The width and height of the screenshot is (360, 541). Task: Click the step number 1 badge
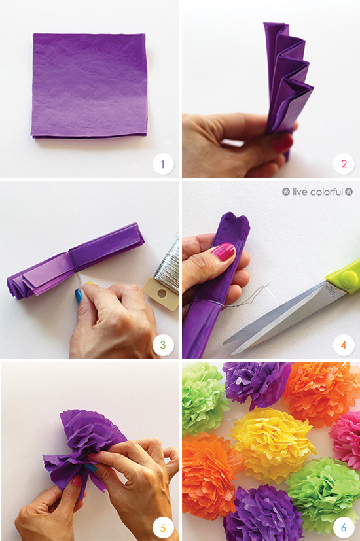point(163,164)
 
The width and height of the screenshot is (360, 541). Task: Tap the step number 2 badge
point(344,164)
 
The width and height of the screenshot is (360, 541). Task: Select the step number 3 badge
point(163,344)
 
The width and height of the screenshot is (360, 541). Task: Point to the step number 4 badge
point(344,345)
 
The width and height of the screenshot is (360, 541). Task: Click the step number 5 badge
point(163,528)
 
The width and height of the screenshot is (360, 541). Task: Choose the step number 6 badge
point(344,528)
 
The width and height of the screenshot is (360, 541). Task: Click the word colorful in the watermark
point(327,192)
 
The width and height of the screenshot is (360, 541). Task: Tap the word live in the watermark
point(300,192)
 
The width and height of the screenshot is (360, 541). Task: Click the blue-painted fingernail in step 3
point(79,296)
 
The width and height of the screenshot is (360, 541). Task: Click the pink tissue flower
point(346,440)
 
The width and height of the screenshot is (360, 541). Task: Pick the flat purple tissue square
point(89,86)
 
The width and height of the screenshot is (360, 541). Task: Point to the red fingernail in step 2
point(283,143)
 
